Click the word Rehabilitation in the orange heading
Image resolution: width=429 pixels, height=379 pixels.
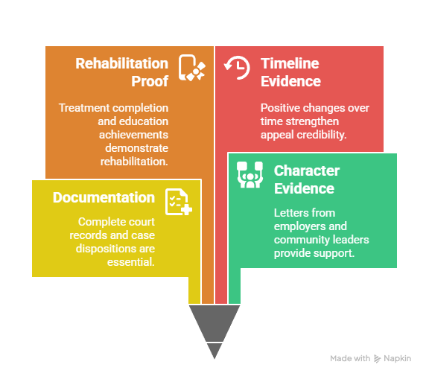tap(121, 64)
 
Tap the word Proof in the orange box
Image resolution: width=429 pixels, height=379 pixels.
tap(150, 81)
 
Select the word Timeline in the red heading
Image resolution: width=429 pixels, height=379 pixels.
tap(290, 64)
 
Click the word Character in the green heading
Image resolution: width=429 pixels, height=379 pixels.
tap(307, 171)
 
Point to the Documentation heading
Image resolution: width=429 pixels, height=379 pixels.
tap(104, 197)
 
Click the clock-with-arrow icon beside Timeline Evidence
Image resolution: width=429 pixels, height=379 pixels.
tap(237, 68)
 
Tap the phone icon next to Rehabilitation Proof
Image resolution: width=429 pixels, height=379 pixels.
tap(192, 68)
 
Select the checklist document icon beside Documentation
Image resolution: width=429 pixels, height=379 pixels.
tap(179, 202)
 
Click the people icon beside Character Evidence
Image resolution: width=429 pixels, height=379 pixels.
tap(250, 175)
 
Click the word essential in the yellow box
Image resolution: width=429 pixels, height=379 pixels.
tap(131, 262)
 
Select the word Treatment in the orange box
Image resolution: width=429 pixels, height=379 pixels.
tap(84, 108)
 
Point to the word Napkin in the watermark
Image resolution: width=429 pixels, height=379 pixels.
tap(397, 358)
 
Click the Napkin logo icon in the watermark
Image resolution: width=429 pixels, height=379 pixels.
tap(378, 359)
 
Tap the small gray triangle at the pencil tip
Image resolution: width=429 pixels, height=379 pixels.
tap(214, 351)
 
